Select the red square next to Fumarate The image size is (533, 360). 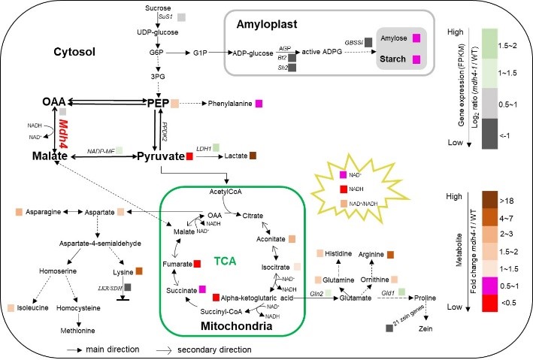tap(197, 263)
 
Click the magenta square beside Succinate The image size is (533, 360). tap(201, 289)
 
